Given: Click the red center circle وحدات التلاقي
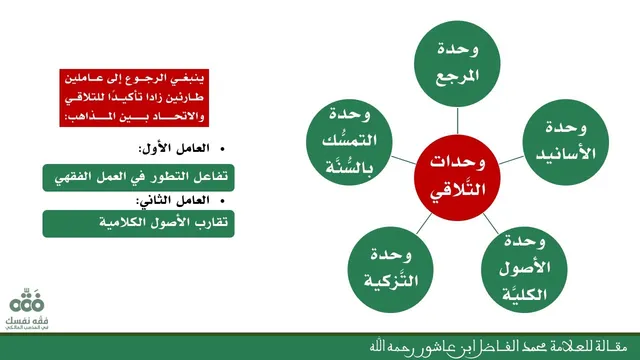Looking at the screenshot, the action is pos(457,178).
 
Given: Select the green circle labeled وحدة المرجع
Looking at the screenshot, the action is pos(457,64).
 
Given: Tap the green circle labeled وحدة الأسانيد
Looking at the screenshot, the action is pos(565,142).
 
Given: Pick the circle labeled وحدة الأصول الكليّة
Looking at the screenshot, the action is pos(524,269).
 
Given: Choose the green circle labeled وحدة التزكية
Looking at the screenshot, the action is pos(391,269).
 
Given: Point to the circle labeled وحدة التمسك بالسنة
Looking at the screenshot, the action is pos(349,142).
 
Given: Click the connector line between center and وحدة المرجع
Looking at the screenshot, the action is pos(457,121).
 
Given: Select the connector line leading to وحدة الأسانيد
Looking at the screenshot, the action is pos(511,160).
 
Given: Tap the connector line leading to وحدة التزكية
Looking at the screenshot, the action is pos(424,223).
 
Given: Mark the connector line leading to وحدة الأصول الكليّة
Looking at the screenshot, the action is pos(491,223).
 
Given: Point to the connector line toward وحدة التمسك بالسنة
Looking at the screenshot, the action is pos(403,160).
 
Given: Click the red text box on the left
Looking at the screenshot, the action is pos(134,98).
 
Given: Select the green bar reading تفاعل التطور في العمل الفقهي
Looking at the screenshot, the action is pos(138,178).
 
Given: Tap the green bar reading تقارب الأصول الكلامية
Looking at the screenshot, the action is pos(138,223).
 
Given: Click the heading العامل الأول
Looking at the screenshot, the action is pos(174,149).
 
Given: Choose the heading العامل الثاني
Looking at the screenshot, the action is pos(173,200).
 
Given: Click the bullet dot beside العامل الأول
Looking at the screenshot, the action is pos(222,149).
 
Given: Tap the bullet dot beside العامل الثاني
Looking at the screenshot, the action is pos(222,201).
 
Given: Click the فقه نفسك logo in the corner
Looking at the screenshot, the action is pos(27,309).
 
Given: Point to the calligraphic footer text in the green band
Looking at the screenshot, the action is pos(498,347).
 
